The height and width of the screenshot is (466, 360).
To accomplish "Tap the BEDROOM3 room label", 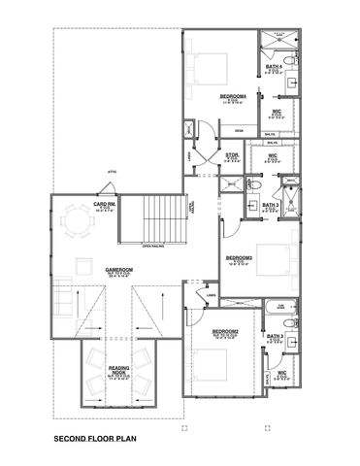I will (239, 257).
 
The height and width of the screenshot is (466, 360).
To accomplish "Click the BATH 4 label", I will (275, 66).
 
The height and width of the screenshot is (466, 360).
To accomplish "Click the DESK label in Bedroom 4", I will (239, 129).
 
